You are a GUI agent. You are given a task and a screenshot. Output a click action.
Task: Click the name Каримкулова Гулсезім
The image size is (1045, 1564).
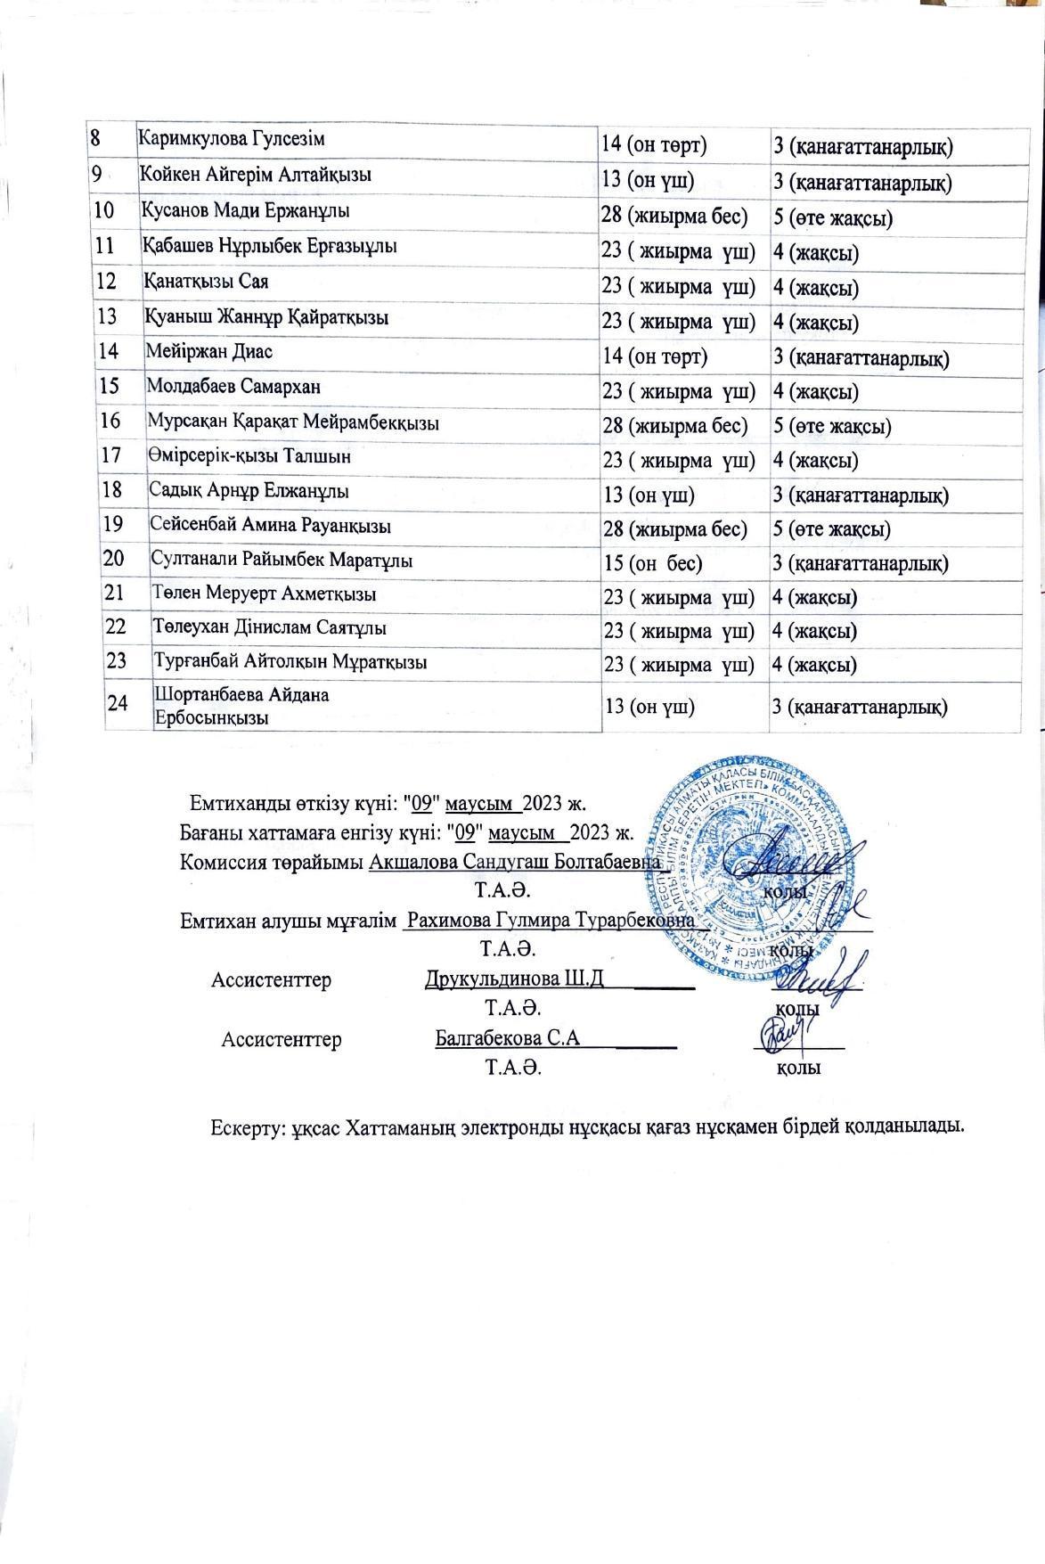click(232, 139)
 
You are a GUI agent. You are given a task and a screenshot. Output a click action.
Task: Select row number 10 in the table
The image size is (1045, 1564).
click(105, 211)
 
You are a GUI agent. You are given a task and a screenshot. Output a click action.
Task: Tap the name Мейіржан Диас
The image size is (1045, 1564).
click(209, 351)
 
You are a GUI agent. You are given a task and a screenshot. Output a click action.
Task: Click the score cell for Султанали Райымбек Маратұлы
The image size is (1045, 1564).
click(653, 564)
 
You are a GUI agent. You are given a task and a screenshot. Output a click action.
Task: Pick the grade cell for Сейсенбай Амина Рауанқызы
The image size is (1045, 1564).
click(832, 529)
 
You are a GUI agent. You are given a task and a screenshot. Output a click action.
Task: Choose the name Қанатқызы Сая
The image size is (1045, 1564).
click(206, 282)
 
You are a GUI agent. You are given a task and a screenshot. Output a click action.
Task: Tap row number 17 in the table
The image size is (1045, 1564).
click(111, 455)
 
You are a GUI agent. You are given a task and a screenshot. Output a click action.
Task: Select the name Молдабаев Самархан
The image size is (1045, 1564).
click(233, 387)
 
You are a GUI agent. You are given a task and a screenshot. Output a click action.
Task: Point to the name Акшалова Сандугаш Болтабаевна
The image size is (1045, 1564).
click(516, 863)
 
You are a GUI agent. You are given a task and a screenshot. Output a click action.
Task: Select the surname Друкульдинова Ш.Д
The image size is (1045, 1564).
click(515, 979)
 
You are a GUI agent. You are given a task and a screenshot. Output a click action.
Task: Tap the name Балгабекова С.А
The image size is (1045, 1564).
click(508, 1038)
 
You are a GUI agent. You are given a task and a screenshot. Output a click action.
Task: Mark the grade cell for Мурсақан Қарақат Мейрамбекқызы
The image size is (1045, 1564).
click(832, 426)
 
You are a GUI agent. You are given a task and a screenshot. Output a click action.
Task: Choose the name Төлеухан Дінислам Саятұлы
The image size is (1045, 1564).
click(269, 627)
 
